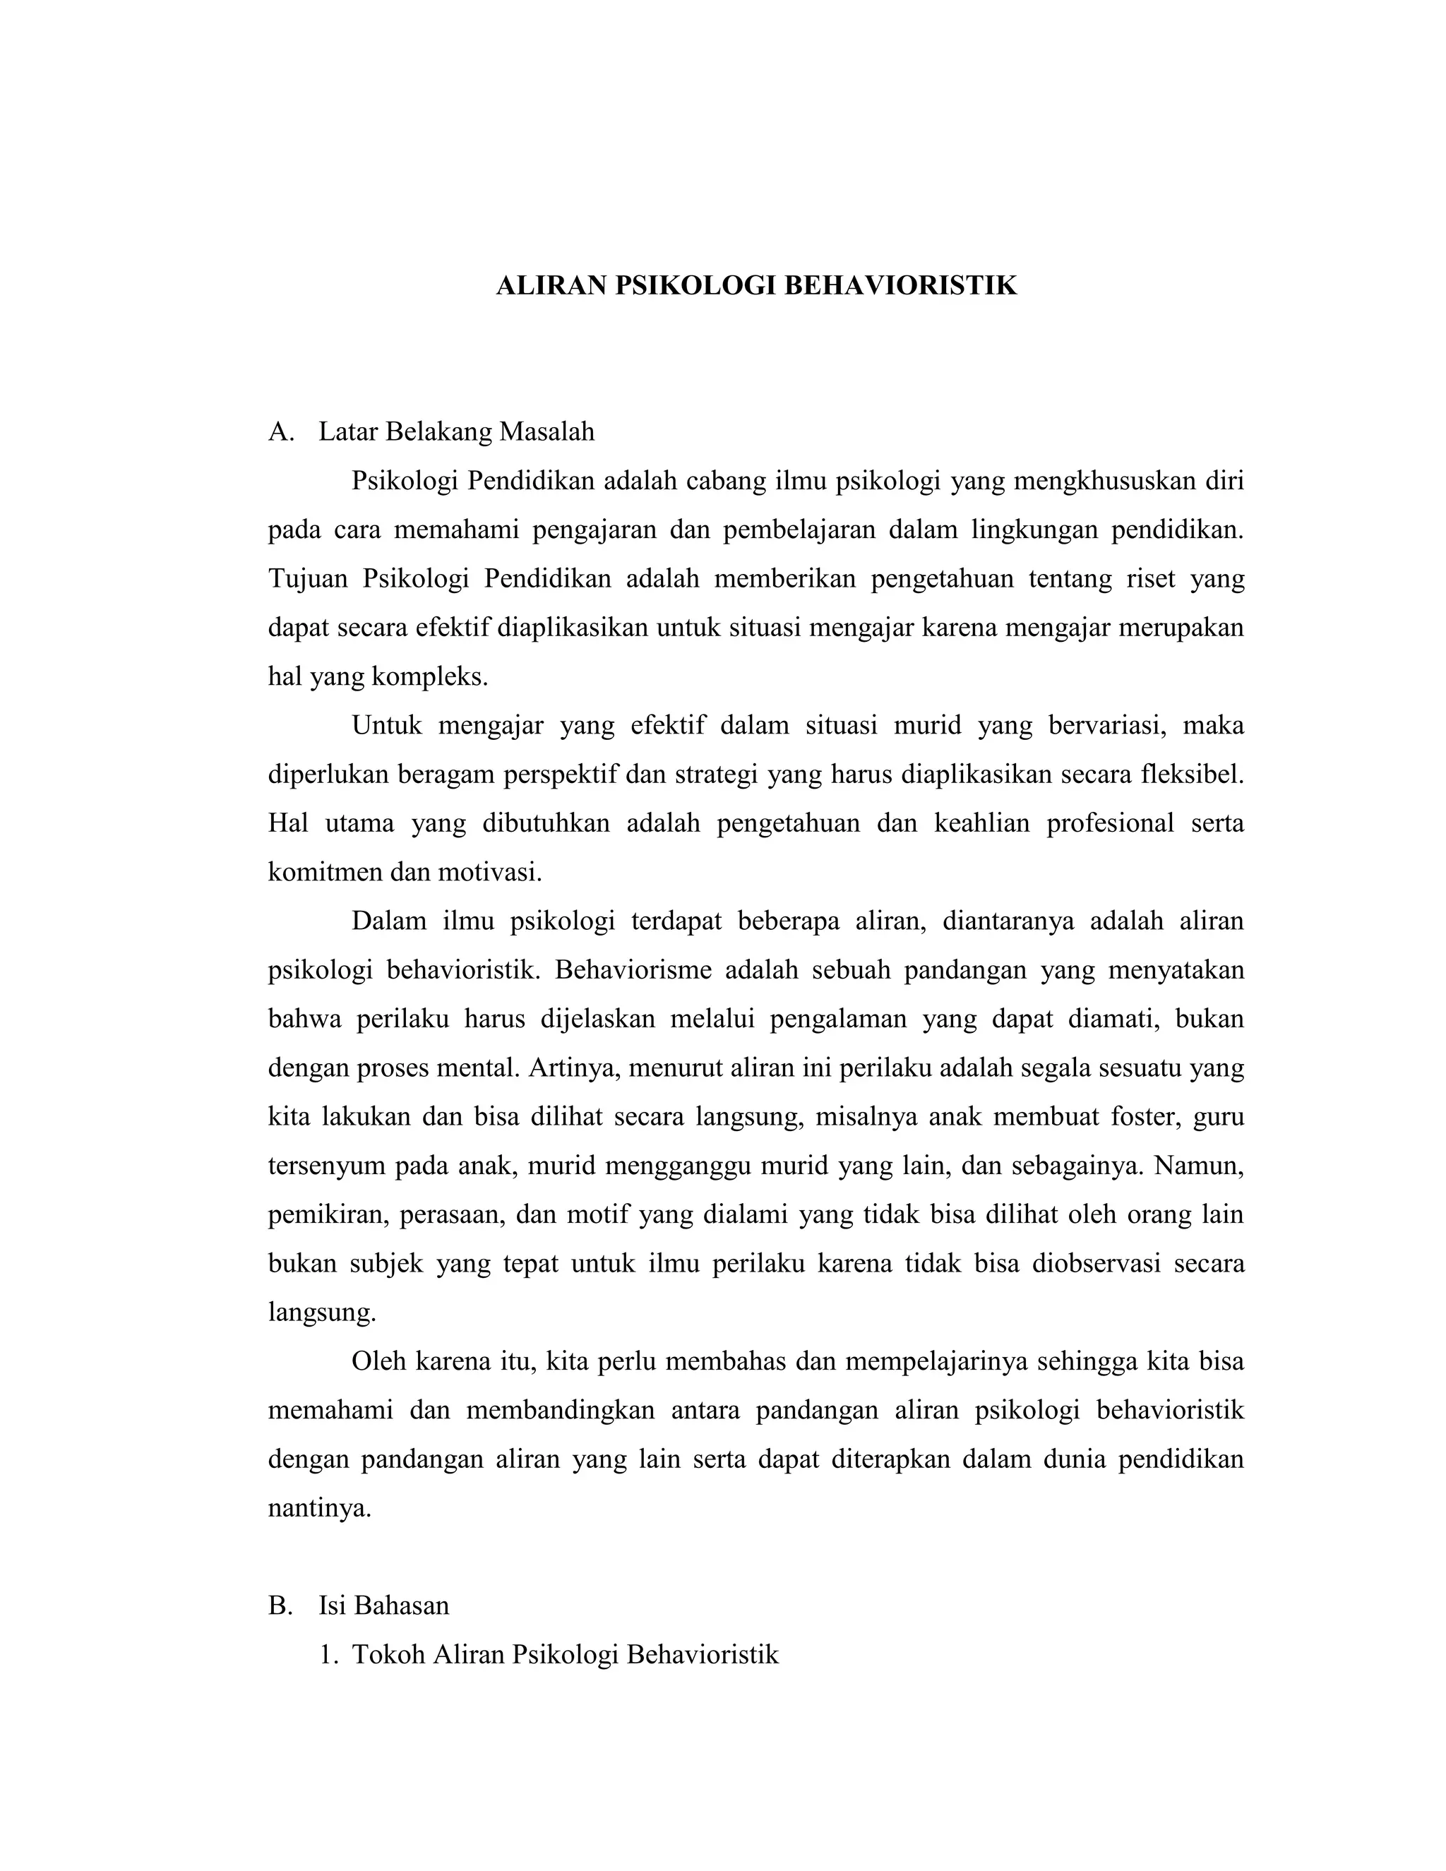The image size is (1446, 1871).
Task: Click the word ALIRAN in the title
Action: coord(551,285)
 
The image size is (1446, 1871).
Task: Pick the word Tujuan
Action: coord(309,579)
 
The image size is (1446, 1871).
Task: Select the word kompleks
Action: coord(429,678)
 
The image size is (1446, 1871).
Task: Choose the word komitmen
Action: coord(325,873)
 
